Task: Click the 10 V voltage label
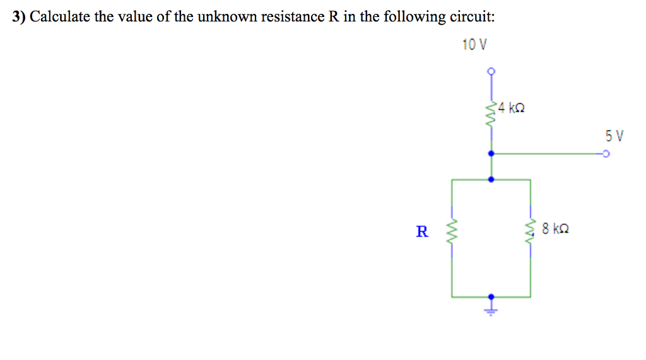click(x=474, y=45)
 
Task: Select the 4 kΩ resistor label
click(x=512, y=108)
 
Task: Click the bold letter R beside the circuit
click(x=421, y=231)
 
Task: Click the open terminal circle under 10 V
click(x=491, y=71)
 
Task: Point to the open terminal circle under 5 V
click(x=606, y=153)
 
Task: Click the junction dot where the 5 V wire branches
click(x=491, y=153)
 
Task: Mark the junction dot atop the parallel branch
click(x=491, y=179)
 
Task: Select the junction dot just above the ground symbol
click(x=491, y=296)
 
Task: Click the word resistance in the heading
click(x=293, y=17)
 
